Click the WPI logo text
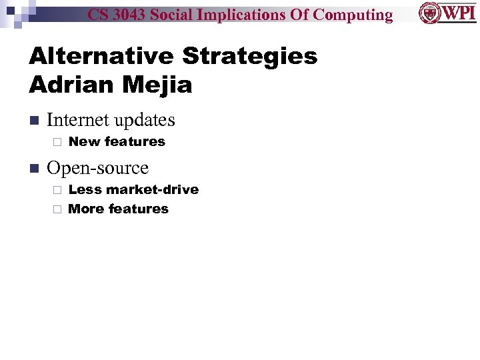pyautogui.click(x=459, y=13)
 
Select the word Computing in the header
pyautogui.click(x=353, y=15)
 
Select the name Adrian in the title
pyautogui.click(x=66, y=85)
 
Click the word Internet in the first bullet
pyautogui.click(x=78, y=120)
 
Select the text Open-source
pyautogui.click(x=97, y=168)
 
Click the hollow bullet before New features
pyautogui.click(x=57, y=142)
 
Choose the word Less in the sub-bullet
pyautogui.click(x=85, y=189)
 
